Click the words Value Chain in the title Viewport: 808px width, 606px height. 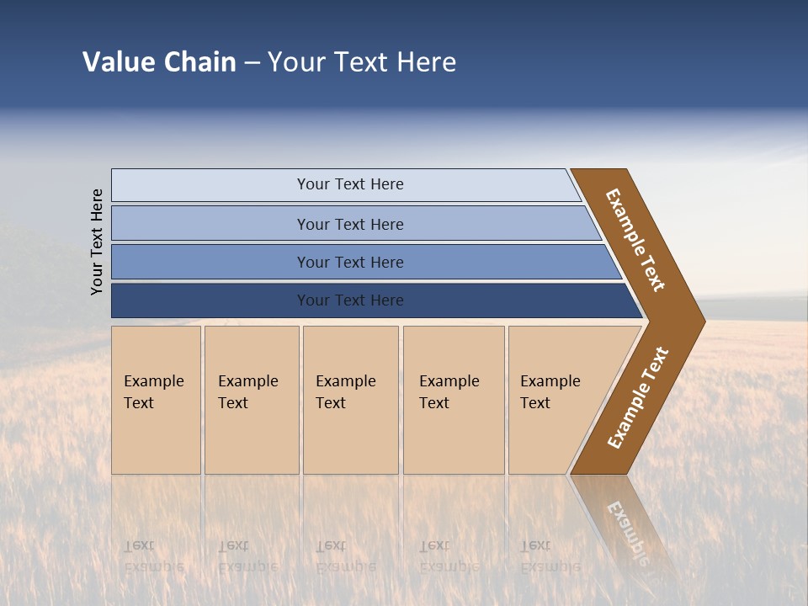159,62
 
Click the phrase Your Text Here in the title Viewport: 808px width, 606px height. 362,62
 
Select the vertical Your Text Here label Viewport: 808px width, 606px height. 98,242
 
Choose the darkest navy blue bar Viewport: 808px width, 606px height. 210,300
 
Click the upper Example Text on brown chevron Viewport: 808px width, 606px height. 635,240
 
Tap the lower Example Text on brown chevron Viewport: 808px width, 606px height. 638,398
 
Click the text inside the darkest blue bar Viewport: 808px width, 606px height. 350,300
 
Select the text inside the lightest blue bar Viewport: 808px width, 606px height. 350,184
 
